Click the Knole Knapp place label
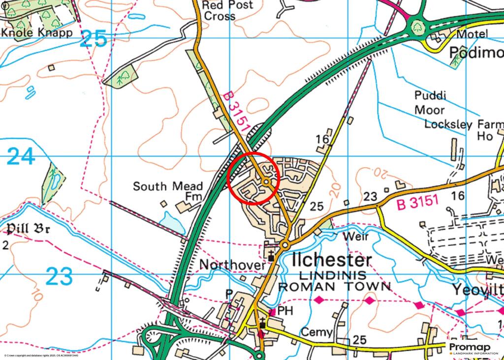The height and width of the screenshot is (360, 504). coord(37,33)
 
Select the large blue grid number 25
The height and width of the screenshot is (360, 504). coord(94,39)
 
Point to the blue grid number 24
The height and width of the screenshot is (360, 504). coord(21,157)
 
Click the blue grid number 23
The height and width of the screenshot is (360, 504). coord(60,276)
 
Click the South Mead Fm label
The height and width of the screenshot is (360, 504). coord(168,192)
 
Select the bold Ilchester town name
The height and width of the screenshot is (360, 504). coord(332,260)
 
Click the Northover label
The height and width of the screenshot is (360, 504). coord(232,265)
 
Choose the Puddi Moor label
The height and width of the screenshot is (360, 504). coord(429,102)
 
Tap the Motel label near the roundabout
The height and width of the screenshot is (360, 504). coord(472,34)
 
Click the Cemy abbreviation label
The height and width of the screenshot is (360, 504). coord(316,332)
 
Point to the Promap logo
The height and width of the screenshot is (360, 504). coord(474,348)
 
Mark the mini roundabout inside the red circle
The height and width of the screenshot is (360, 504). coord(266,182)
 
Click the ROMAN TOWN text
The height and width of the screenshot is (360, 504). coord(335,286)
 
